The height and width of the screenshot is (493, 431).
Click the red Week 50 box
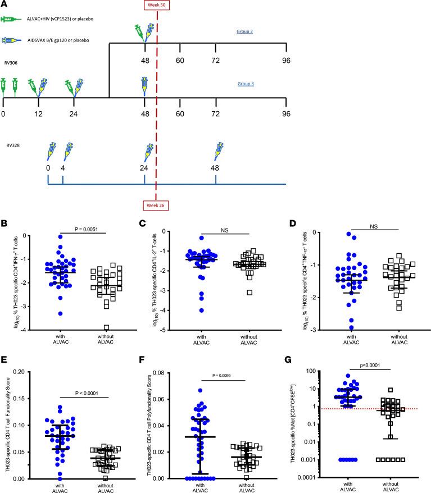[x=156, y=6]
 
